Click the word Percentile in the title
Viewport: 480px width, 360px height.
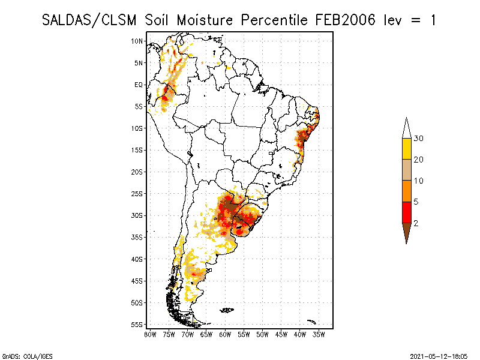(x=277, y=20)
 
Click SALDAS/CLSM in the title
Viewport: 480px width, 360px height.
(x=91, y=20)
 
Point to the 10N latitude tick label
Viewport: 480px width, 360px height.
(x=137, y=41)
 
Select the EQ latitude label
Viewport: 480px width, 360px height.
(x=139, y=85)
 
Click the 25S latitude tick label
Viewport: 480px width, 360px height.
(x=137, y=194)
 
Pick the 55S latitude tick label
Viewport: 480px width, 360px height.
(x=137, y=325)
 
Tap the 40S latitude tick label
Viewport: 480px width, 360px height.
(x=137, y=259)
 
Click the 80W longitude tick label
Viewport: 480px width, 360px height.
(x=150, y=334)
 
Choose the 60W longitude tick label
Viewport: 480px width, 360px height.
(x=225, y=334)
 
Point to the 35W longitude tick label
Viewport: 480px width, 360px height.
(x=319, y=334)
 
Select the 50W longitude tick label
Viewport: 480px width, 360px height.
(x=262, y=334)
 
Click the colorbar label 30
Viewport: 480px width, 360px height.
(x=419, y=139)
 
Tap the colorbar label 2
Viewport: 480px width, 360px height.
(x=416, y=223)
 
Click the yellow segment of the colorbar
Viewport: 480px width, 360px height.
(x=406, y=149)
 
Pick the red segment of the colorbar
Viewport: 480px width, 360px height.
(x=406, y=212)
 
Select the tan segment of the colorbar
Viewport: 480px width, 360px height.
(x=406, y=170)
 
